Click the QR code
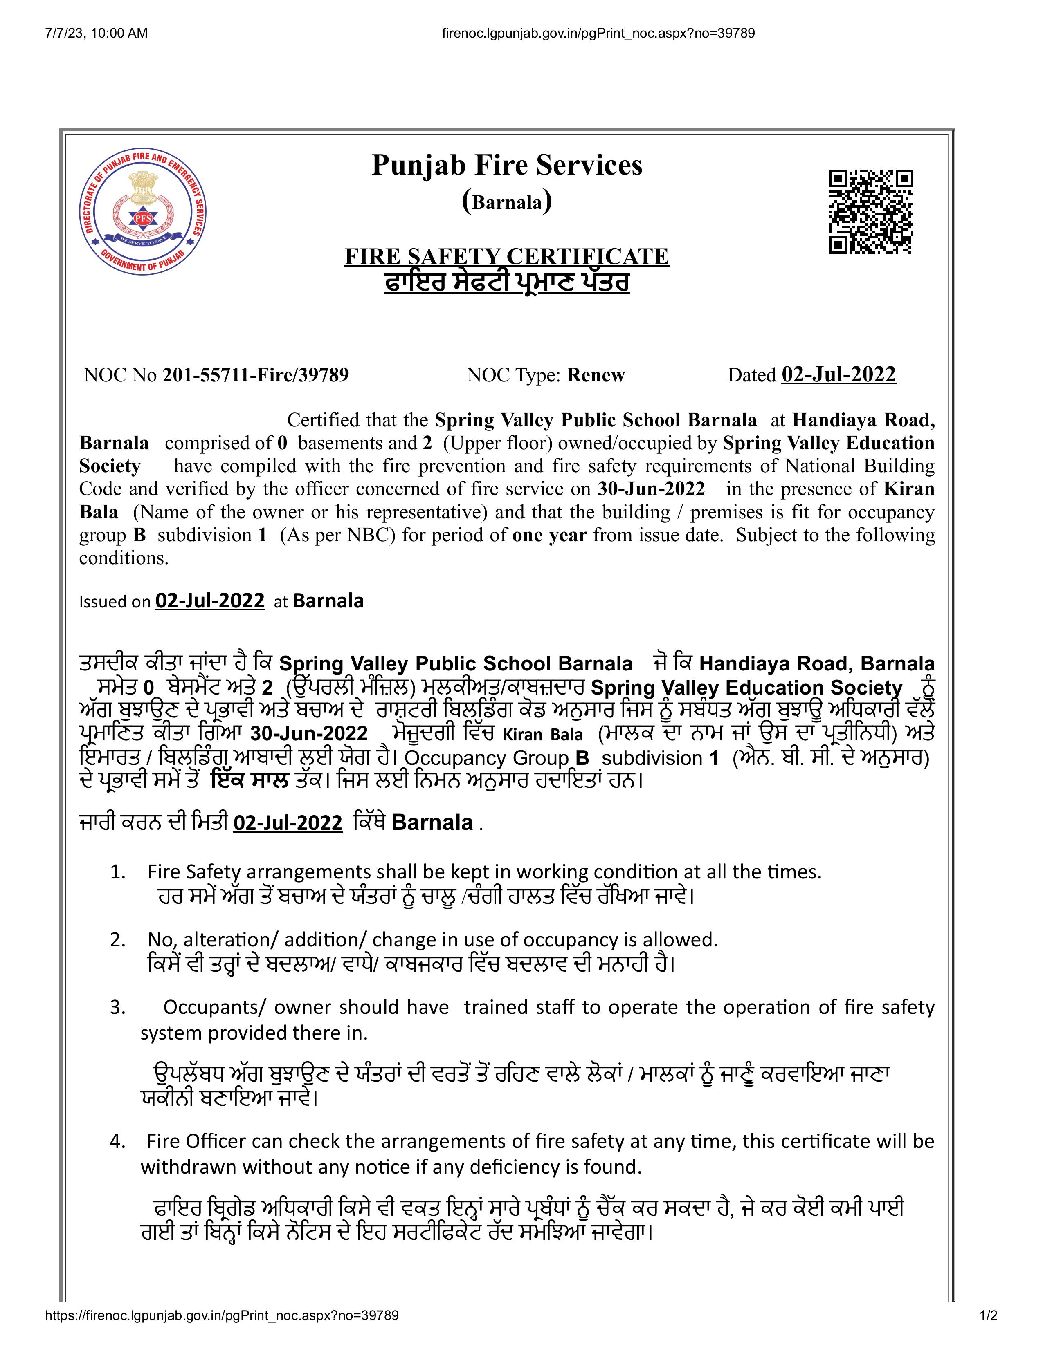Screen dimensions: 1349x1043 (871, 212)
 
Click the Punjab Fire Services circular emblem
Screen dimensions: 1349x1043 (143, 212)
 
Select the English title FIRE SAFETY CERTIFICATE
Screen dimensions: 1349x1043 (507, 256)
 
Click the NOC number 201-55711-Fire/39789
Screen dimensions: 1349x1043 (255, 375)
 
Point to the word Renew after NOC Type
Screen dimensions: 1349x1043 (596, 375)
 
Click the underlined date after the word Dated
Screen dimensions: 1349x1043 (838, 374)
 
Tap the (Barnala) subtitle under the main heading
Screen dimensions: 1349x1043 (507, 202)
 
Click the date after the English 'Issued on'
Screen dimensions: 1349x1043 (210, 601)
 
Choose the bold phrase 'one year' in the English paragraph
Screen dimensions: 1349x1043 (549, 535)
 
